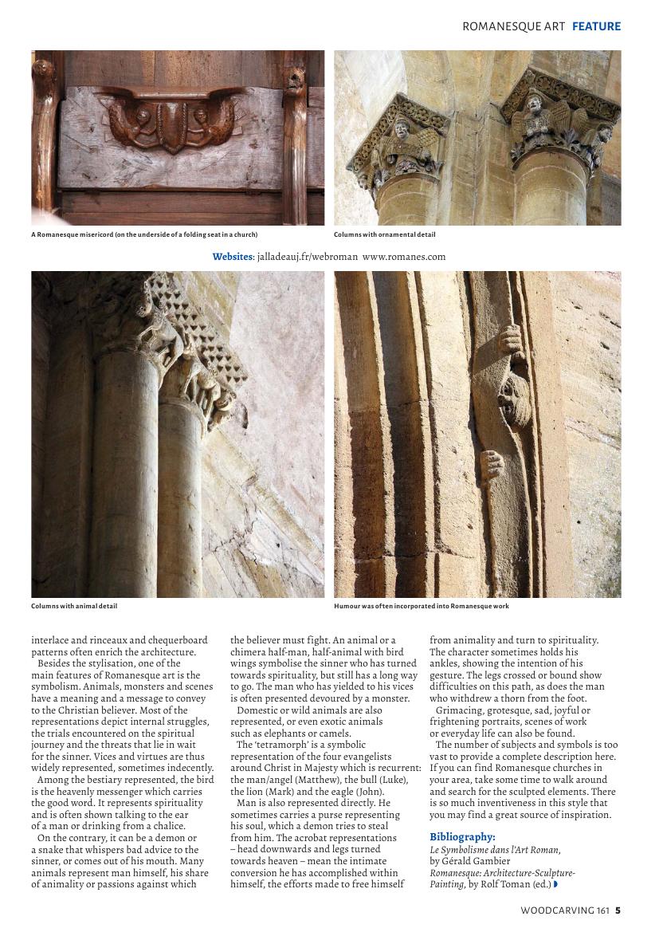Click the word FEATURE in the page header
(x=596, y=26)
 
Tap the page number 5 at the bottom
(x=618, y=910)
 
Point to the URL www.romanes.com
(x=404, y=257)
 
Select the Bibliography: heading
(x=462, y=836)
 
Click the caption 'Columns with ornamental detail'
(x=385, y=234)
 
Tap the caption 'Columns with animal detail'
(x=74, y=606)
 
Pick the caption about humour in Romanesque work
(x=422, y=606)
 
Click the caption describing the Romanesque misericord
(x=144, y=234)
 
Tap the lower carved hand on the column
(x=494, y=464)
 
